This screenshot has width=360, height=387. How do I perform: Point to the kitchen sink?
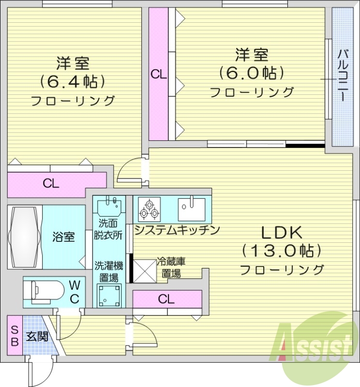click(191, 208)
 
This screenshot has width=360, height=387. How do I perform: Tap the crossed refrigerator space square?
click(144, 270)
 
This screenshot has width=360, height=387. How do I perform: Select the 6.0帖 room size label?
click(251, 73)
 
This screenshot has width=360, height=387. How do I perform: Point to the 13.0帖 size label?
click(282, 251)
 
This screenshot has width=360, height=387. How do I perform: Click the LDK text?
click(282, 233)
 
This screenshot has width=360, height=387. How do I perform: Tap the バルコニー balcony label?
click(342, 75)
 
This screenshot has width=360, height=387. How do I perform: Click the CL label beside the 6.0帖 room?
click(158, 74)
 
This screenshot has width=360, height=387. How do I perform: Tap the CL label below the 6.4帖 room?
click(51, 183)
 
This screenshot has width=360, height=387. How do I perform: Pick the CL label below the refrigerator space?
click(166, 299)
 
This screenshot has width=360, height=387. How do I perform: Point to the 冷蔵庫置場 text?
click(171, 268)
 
